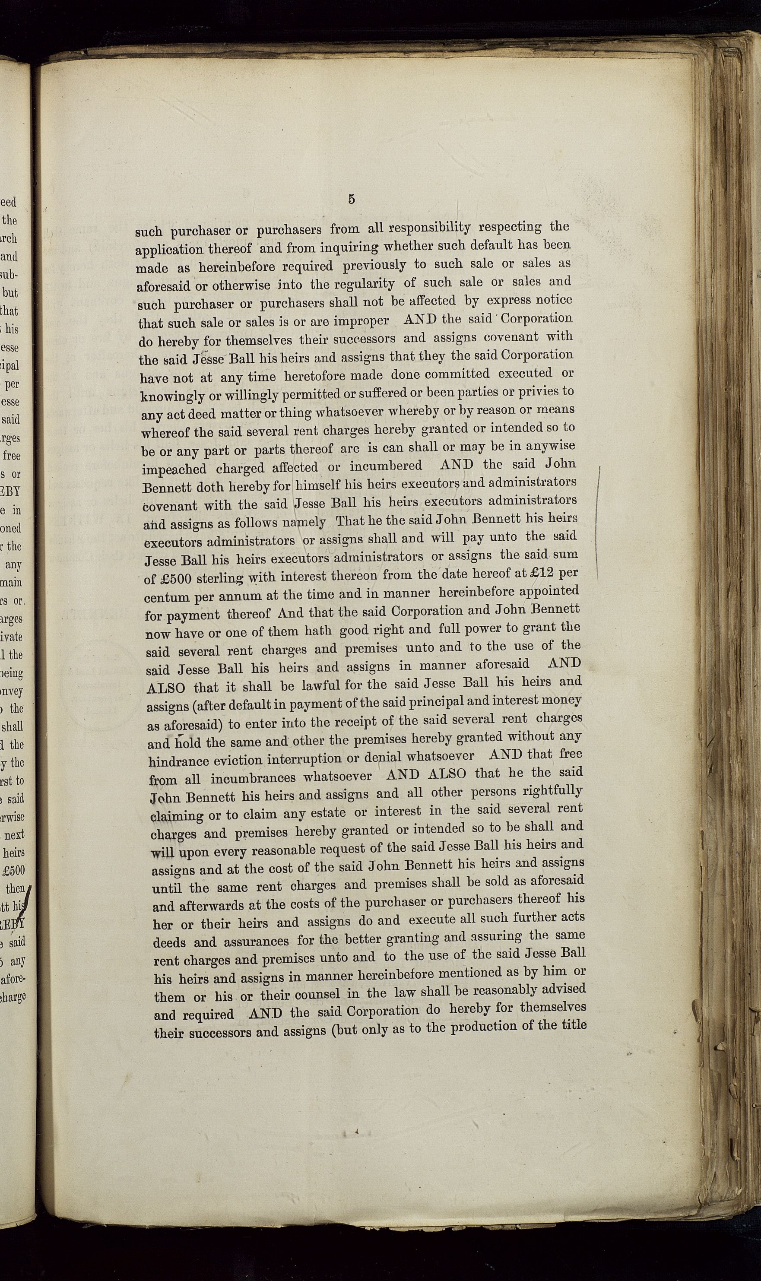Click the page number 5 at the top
(x=351, y=200)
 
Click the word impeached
(x=174, y=469)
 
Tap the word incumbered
(x=386, y=466)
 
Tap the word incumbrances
(x=253, y=778)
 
